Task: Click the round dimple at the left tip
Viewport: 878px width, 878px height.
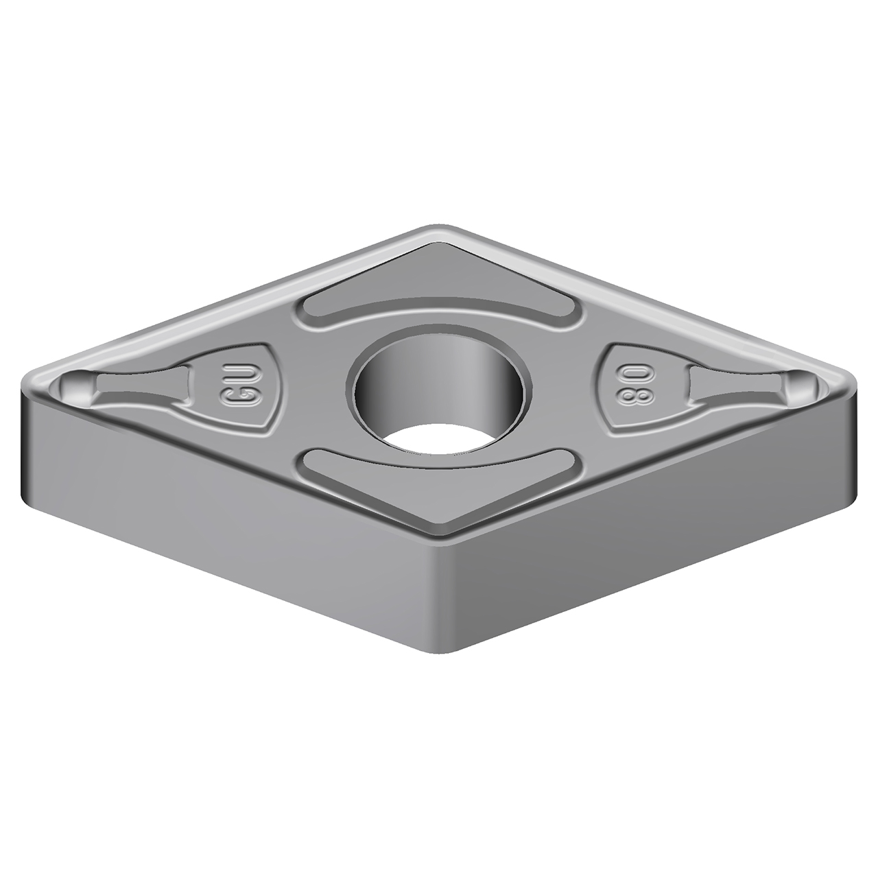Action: tap(77, 388)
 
